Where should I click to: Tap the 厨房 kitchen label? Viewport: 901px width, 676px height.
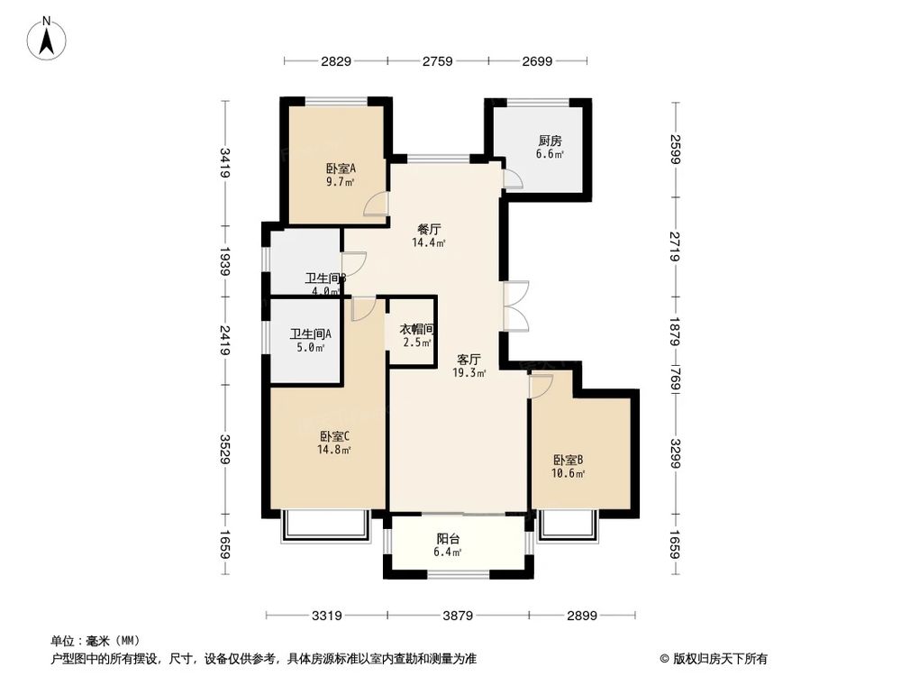click(550, 141)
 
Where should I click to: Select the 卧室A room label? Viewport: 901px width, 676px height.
click(341, 168)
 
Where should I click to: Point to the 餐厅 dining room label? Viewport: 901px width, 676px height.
click(429, 228)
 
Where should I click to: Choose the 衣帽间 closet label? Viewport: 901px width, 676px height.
click(417, 329)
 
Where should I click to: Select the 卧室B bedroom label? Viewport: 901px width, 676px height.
click(569, 460)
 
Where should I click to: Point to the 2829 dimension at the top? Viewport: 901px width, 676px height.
click(335, 61)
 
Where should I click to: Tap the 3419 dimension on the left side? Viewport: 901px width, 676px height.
click(224, 162)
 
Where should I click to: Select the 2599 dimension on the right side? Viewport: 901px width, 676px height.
click(676, 149)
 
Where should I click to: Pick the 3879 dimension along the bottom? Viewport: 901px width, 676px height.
click(457, 617)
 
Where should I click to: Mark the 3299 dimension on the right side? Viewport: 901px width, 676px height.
click(676, 451)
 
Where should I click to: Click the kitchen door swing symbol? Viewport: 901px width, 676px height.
click(512, 178)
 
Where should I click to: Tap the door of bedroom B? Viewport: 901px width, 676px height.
click(541, 386)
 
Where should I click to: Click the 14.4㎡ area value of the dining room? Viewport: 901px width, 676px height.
click(429, 242)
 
